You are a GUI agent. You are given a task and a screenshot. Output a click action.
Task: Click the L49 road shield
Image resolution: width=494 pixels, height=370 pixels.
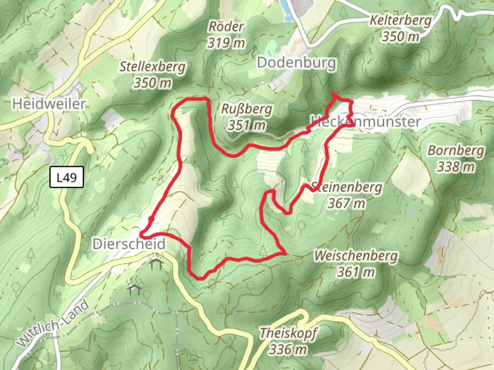pos(67,177)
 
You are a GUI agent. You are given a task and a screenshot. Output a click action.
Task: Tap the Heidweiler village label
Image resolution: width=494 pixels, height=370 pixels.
pos(49,103)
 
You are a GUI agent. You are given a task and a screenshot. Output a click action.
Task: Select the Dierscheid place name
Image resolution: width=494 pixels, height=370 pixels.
pos(129,244)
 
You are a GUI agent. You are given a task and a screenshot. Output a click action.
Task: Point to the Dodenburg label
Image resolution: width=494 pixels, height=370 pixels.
pos(296,63)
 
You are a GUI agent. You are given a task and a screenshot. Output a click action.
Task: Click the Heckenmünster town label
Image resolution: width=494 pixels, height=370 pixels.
pos(366,121)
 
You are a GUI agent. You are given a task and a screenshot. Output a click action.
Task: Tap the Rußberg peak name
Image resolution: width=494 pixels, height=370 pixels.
pos(247,109)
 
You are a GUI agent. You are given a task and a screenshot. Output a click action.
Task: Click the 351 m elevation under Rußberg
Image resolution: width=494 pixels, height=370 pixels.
pos(247,125)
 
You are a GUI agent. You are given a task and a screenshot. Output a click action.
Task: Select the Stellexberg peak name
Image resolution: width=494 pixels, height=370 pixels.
pos(152,66)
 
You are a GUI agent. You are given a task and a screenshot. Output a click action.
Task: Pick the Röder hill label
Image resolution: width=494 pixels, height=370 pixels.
pos(226,26)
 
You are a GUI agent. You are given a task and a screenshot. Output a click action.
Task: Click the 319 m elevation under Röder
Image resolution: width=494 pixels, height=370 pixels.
pos(226,43)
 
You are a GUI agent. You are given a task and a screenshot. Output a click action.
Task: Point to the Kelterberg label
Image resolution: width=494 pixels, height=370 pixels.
pos(400,20)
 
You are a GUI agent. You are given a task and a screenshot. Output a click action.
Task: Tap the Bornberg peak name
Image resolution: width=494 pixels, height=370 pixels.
pos(456,150)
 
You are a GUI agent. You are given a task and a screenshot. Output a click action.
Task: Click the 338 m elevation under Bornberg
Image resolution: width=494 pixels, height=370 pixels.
pos(456,167)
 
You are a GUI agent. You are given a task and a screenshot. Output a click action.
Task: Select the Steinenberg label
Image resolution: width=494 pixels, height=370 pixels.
pos(347,187)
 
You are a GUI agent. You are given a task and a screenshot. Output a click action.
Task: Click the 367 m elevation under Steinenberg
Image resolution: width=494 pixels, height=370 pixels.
pos(346,203)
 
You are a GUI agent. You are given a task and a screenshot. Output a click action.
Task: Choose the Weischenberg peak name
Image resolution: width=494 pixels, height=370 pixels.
pos(356,256)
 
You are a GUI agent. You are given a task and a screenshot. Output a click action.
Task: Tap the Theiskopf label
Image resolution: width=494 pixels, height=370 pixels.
pos(288,333)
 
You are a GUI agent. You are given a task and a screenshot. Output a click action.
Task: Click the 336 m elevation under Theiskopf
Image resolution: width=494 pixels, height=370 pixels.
pos(288,349)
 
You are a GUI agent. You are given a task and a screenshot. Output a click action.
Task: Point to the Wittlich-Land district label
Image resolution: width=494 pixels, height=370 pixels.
pos(53,324)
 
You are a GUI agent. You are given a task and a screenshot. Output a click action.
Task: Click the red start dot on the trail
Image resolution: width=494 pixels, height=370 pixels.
pos(151,218)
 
